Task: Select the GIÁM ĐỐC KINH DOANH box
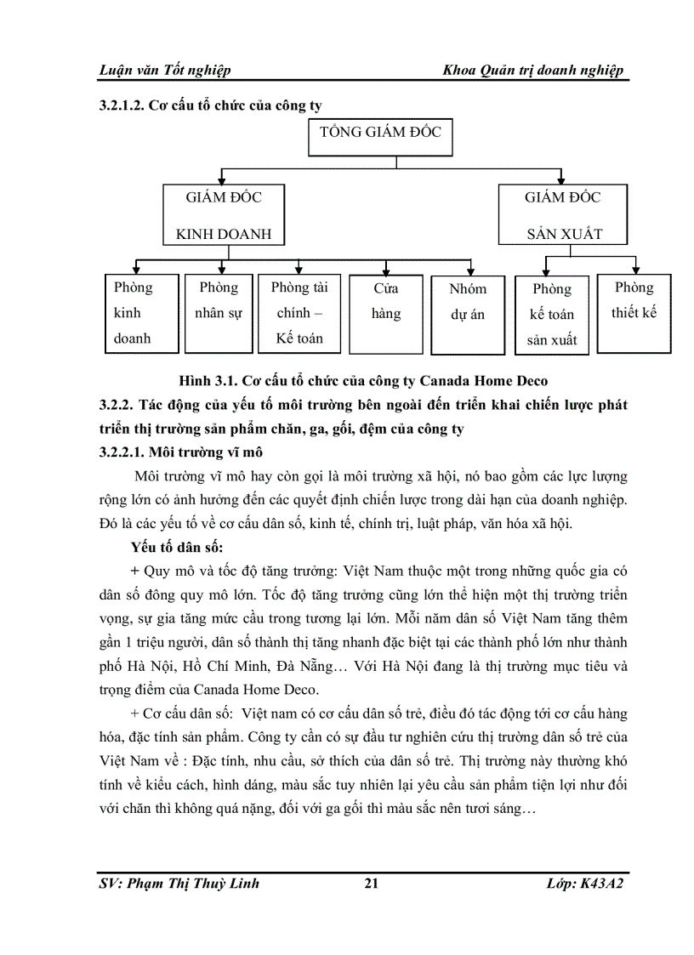[224, 215]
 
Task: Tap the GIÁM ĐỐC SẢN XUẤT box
[562, 215]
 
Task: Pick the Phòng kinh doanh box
[141, 313]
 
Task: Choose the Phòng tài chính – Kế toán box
[299, 313]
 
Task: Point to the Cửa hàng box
[386, 313]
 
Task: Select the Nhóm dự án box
[469, 313]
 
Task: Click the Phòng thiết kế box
[634, 311]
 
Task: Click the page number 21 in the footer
[371, 884]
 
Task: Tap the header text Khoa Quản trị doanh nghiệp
[534, 70]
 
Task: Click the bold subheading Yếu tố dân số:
[177, 545]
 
